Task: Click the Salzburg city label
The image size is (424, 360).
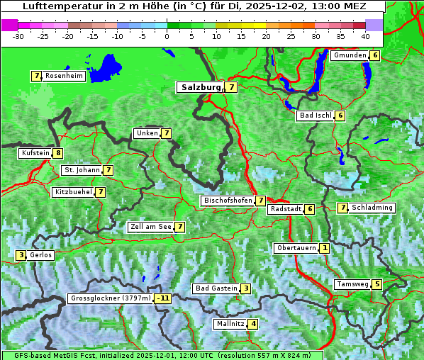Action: click(x=199, y=87)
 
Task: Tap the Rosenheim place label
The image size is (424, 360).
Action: click(x=64, y=76)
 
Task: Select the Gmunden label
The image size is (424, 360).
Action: click(x=350, y=55)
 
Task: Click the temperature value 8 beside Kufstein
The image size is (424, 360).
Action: click(x=58, y=153)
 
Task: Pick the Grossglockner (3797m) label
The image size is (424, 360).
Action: click(x=111, y=298)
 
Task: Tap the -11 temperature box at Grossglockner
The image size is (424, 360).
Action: click(x=163, y=298)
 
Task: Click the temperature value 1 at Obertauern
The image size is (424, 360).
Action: click(x=324, y=248)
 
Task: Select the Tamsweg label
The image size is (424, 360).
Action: click(x=352, y=284)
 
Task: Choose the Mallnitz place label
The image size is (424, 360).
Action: click(x=230, y=324)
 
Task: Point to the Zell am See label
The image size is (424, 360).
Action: click(x=150, y=227)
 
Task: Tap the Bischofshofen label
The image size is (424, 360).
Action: click(x=228, y=201)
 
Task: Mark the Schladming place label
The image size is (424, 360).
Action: click(x=372, y=208)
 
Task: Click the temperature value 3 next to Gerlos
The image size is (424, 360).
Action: click(x=21, y=255)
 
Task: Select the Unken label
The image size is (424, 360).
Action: click(x=147, y=133)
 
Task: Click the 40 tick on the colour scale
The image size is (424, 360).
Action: click(x=365, y=36)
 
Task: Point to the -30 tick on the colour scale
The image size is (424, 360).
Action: click(x=18, y=36)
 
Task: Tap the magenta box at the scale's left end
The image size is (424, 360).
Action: click(x=9, y=24)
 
